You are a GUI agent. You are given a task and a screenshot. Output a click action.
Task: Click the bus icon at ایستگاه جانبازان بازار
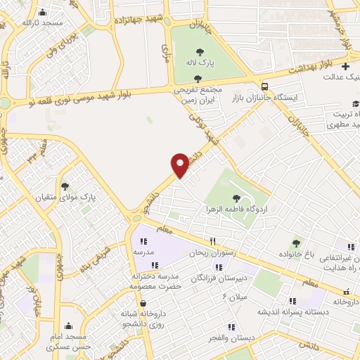click(264, 86)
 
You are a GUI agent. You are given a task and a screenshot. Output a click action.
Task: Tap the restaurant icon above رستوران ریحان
click(202, 240)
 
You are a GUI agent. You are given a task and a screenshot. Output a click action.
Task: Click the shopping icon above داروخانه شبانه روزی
click(143, 304)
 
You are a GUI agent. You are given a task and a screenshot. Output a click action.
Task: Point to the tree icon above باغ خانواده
click(295, 242)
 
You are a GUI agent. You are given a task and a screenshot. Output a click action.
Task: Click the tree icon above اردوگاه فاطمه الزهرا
click(245, 198)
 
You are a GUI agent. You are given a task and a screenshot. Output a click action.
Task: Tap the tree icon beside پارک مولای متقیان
click(65, 186)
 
